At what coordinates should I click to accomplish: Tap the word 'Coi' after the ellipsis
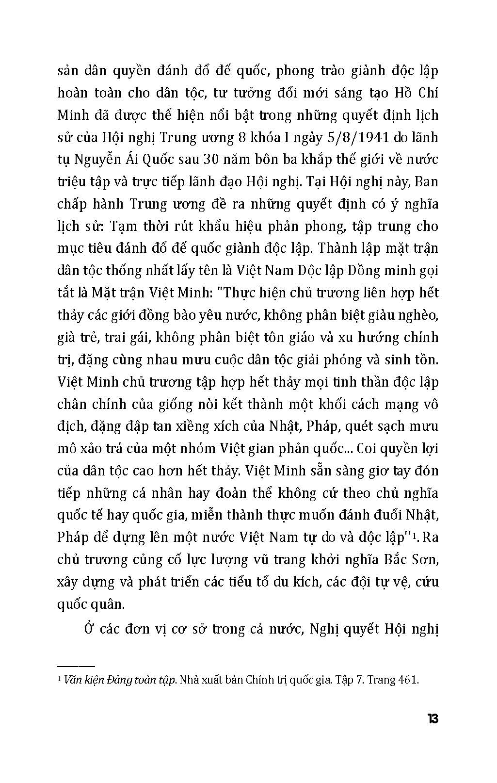pos(367,449)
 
